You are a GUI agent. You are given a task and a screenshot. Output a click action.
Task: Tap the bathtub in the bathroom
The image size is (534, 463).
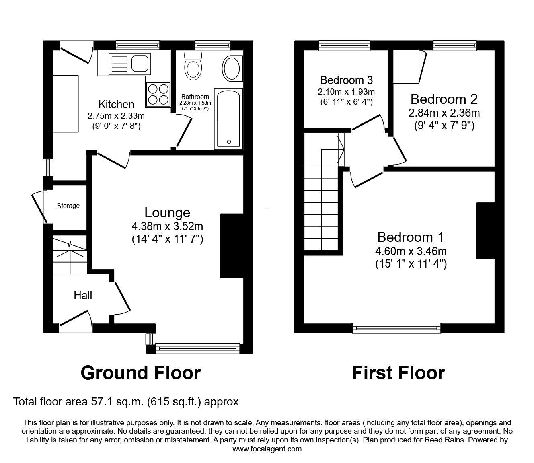228,119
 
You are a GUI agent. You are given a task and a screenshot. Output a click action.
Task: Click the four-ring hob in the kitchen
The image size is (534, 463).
157,94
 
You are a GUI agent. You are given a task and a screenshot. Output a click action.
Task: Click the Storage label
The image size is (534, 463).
68,206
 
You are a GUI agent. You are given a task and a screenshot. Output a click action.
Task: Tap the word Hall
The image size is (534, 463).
83,296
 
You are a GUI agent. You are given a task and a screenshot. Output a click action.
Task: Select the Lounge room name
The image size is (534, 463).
167,212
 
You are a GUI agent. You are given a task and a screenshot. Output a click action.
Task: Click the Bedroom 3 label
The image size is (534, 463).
347,80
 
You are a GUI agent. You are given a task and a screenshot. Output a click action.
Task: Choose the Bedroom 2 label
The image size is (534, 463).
444,99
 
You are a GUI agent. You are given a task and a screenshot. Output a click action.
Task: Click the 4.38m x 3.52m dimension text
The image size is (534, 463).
167,226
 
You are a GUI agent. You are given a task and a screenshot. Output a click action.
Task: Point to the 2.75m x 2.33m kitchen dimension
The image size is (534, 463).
116,116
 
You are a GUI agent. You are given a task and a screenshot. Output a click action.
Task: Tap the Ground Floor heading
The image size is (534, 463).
141,373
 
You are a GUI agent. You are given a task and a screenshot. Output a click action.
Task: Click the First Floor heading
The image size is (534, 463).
398,373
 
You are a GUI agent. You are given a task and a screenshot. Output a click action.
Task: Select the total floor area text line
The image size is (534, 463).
126,401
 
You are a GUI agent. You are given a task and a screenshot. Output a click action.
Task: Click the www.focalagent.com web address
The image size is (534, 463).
267,449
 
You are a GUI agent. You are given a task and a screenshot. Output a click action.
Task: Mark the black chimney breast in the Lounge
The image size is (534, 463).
232,245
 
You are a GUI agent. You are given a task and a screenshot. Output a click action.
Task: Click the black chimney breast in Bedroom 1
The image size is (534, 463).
485,230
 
